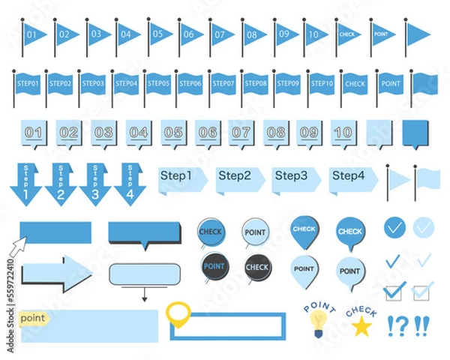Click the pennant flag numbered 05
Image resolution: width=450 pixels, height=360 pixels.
[x=160, y=34]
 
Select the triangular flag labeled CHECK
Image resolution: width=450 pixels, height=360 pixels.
[x=346, y=34]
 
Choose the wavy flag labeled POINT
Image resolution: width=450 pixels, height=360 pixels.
[x=390, y=84]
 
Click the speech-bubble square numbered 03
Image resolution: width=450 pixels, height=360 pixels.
[x=103, y=133]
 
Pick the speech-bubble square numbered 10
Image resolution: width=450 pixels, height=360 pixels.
[x=343, y=133]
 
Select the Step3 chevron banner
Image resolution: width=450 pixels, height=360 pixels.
[x=295, y=178]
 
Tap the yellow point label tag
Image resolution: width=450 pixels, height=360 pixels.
[x=34, y=319]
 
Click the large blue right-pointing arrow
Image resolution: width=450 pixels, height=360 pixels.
[x=55, y=274]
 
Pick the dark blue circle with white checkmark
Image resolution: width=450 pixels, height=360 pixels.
[x=394, y=227]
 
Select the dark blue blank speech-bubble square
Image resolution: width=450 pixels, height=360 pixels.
[x=416, y=133]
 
